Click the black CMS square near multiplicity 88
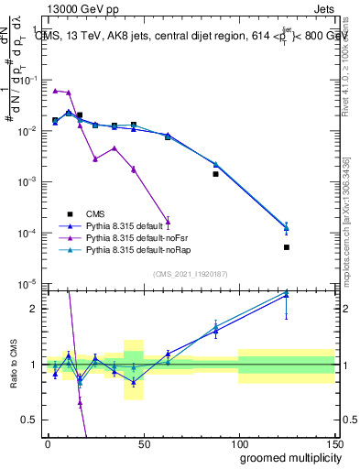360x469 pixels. pos(215,174)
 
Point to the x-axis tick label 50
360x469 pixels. pos(143,443)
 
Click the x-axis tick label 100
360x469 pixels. pos(238,443)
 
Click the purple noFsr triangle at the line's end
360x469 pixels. pos(168,221)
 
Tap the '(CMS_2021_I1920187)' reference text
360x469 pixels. pos(190,273)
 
